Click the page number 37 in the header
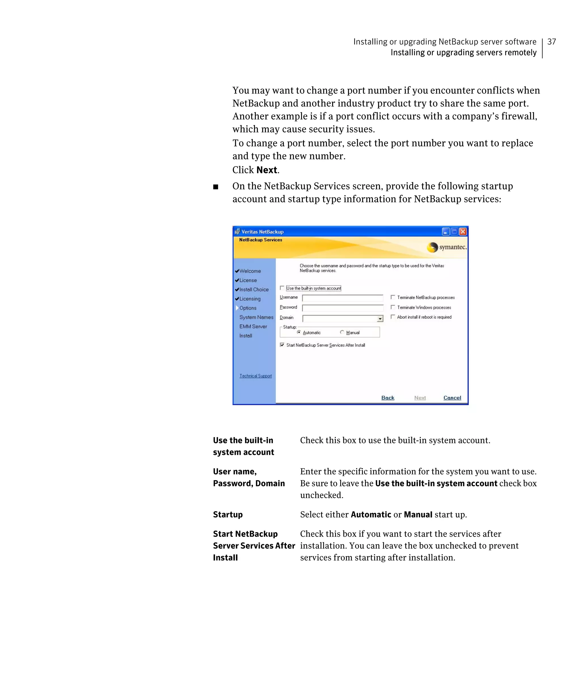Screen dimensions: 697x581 551,42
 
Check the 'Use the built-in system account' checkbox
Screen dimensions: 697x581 282,288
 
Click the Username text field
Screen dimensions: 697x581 342,298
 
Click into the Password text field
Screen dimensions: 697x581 342,308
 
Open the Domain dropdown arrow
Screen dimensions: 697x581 380,319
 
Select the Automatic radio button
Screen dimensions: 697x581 299,332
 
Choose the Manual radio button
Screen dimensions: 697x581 342,332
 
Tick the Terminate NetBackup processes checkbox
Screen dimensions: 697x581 393,297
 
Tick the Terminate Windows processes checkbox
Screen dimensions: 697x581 393,307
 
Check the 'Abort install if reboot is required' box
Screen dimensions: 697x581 393,317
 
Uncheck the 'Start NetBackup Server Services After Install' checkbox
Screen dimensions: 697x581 282,345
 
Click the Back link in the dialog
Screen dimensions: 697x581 388,398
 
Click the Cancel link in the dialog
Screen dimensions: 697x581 452,398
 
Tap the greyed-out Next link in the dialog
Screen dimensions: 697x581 420,398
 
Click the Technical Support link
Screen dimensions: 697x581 255,376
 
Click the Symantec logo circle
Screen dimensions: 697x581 432,247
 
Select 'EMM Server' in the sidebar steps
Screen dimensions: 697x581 253,327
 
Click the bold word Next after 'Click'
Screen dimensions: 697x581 267,170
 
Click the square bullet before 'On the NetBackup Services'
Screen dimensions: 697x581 216,187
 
